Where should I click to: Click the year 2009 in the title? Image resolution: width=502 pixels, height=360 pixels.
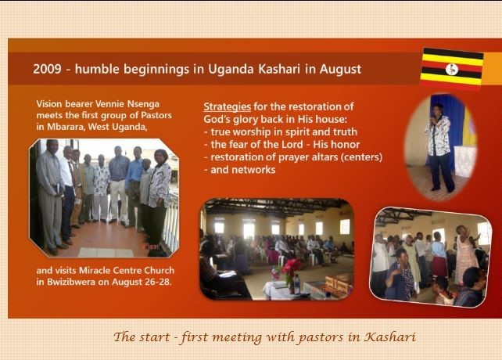coord(47,69)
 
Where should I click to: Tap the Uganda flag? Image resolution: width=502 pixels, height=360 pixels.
coord(452,69)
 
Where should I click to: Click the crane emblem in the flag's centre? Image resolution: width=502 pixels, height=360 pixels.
coord(452,69)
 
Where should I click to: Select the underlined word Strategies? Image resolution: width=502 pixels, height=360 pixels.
coord(227,107)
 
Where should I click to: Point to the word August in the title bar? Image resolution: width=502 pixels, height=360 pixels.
coord(340,70)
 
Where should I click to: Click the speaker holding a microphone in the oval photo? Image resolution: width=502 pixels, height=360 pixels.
coord(439,148)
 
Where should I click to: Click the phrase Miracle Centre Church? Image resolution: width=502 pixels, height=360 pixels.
coord(127,271)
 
